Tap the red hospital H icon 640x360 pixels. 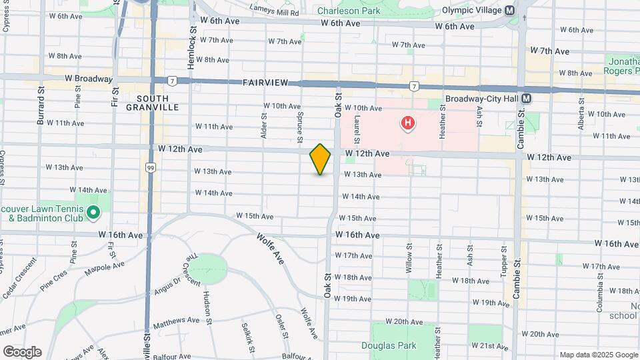point(407,123)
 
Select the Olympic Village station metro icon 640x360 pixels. point(510,10)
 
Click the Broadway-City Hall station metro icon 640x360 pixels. point(527,98)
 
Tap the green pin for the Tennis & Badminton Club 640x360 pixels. point(93,213)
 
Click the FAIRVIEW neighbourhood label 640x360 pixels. point(265,83)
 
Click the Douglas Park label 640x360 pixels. point(389,345)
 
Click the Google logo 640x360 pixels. point(22,351)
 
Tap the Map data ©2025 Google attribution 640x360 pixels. point(598,355)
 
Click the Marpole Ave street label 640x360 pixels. point(105,267)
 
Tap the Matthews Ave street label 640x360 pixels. point(176,321)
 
